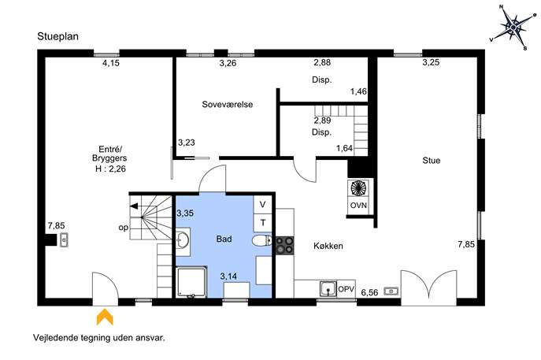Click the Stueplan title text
coord(58,36)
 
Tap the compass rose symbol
coord(513,28)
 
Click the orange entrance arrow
coord(105,317)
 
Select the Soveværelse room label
coord(228,104)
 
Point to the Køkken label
coord(328,246)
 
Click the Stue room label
coord(432,161)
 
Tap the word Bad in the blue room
coord(224,239)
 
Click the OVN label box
coord(358,206)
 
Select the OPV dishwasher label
coord(346,289)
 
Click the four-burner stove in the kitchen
coord(284,245)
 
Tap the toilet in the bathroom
coord(262,240)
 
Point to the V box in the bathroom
coord(262,205)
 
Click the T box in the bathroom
coord(262,223)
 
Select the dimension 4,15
coord(111,63)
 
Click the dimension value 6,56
coord(369,292)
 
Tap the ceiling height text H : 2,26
coord(110,169)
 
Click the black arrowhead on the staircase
coord(134,206)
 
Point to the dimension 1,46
coord(358,91)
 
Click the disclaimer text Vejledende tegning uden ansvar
coord(99,338)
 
